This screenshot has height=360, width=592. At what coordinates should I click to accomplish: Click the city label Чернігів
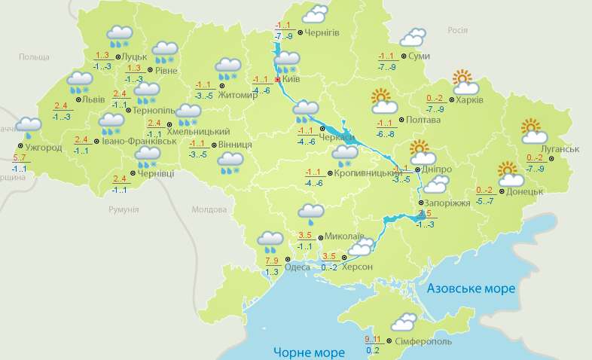tap(323, 32)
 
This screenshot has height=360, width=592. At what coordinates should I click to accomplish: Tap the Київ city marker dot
tap(277, 78)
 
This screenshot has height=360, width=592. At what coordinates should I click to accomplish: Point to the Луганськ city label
tap(558, 149)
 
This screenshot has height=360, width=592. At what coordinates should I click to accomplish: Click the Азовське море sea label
tap(471, 289)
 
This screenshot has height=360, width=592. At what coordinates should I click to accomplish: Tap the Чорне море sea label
tap(309, 352)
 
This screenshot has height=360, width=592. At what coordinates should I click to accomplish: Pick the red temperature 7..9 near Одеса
tap(272, 261)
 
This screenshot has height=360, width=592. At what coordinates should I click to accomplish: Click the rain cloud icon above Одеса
tap(270, 242)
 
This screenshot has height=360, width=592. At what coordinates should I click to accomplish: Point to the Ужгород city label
tap(43, 147)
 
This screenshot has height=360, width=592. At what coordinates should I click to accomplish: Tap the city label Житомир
tap(237, 94)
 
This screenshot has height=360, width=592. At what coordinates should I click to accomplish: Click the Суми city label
tap(419, 56)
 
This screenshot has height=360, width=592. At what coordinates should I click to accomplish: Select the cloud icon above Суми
tap(412, 38)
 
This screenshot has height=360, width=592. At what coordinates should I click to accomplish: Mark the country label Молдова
tap(205, 210)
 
